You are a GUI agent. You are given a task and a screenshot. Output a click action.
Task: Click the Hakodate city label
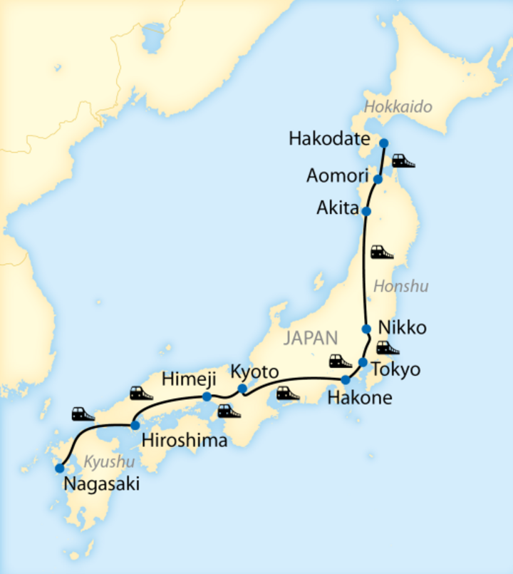pyautogui.click(x=329, y=139)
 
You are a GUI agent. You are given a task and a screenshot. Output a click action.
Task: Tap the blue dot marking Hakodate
pyautogui.click(x=383, y=143)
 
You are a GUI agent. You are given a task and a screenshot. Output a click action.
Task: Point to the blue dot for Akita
pyautogui.click(x=366, y=211)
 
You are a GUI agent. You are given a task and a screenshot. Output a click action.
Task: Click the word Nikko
pyautogui.click(x=403, y=328)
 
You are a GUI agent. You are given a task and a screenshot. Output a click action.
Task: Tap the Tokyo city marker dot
pyautogui.click(x=363, y=363)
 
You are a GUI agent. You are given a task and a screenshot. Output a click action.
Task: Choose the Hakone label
pyautogui.click(x=359, y=398)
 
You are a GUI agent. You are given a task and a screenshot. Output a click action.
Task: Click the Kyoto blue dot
pyautogui.click(x=242, y=389)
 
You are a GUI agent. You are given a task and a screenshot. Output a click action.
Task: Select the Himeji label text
pyautogui.click(x=185, y=379)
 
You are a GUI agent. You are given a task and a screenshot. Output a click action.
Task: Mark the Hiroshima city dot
pyautogui.click(x=135, y=425)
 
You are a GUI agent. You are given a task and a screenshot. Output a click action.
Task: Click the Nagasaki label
pyautogui.click(x=100, y=485)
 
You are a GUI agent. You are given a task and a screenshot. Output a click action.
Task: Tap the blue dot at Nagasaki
pyautogui.click(x=59, y=468)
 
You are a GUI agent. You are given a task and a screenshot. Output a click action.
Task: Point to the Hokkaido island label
pyautogui.click(x=398, y=107)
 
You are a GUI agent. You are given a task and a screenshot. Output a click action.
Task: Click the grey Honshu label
pyautogui.click(x=401, y=287)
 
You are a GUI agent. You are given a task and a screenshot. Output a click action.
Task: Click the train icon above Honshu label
pyautogui.click(x=382, y=252)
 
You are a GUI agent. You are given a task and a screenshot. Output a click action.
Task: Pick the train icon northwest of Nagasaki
pyautogui.click(x=83, y=414)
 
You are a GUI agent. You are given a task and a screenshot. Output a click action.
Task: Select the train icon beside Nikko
pyautogui.click(x=388, y=348)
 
